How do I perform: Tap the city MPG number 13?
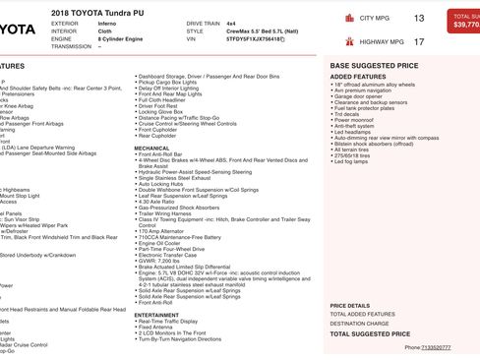pyautogui.click(x=419, y=18)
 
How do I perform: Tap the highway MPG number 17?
pyautogui.click(x=419, y=42)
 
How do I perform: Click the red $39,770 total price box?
pyautogui.click(x=462, y=22)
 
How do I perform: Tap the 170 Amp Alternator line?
pyautogui.click(x=166, y=231)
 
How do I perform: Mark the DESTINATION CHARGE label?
pyautogui.click(x=359, y=323)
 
